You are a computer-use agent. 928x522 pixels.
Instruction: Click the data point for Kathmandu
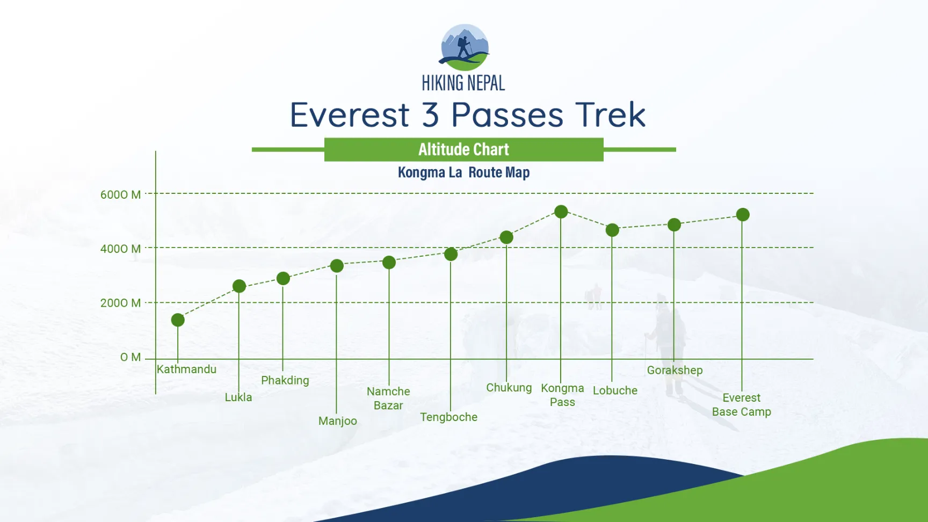pyautogui.click(x=178, y=320)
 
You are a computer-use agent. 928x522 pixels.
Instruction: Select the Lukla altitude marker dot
pyautogui.click(x=239, y=286)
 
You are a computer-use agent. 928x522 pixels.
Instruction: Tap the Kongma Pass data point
pyautogui.click(x=561, y=212)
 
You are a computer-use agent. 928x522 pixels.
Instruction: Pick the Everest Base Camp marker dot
pyautogui.click(x=743, y=215)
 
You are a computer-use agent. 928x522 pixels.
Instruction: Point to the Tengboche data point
pyautogui.click(x=451, y=254)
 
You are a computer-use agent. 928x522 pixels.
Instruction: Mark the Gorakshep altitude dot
pyautogui.click(x=674, y=225)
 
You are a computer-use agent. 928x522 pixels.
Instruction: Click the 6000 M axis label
pyautogui.click(x=120, y=194)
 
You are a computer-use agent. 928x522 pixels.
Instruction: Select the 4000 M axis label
pyautogui.click(x=120, y=249)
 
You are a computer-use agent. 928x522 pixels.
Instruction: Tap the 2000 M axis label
pyautogui.click(x=120, y=303)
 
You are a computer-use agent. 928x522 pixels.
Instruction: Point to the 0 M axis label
pyautogui.click(x=130, y=357)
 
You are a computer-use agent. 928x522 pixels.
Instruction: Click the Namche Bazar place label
pyautogui.click(x=388, y=398)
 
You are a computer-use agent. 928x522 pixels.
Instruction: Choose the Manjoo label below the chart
pyautogui.click(x=337, y=421)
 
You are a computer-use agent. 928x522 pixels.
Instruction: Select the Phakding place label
pyautogui.click(x=285, y=381)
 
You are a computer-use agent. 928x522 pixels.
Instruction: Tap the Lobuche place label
pyautogui.click(x=615, y=390)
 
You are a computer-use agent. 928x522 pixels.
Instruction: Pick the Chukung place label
pyautogui.click(x=509, y=388)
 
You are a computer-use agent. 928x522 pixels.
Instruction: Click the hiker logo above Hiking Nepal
pyautogui.click(x=465, y=47)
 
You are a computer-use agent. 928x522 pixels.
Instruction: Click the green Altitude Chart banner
pyautogui.click(x=463, y=149)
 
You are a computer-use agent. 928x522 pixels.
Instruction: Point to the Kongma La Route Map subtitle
pyautogui.click(x=463, y=172)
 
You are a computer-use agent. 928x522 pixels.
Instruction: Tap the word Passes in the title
pyautogui.click(x=507, y=115)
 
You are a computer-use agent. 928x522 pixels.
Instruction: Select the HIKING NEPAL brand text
pyautogui.click(x=463, y=83)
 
